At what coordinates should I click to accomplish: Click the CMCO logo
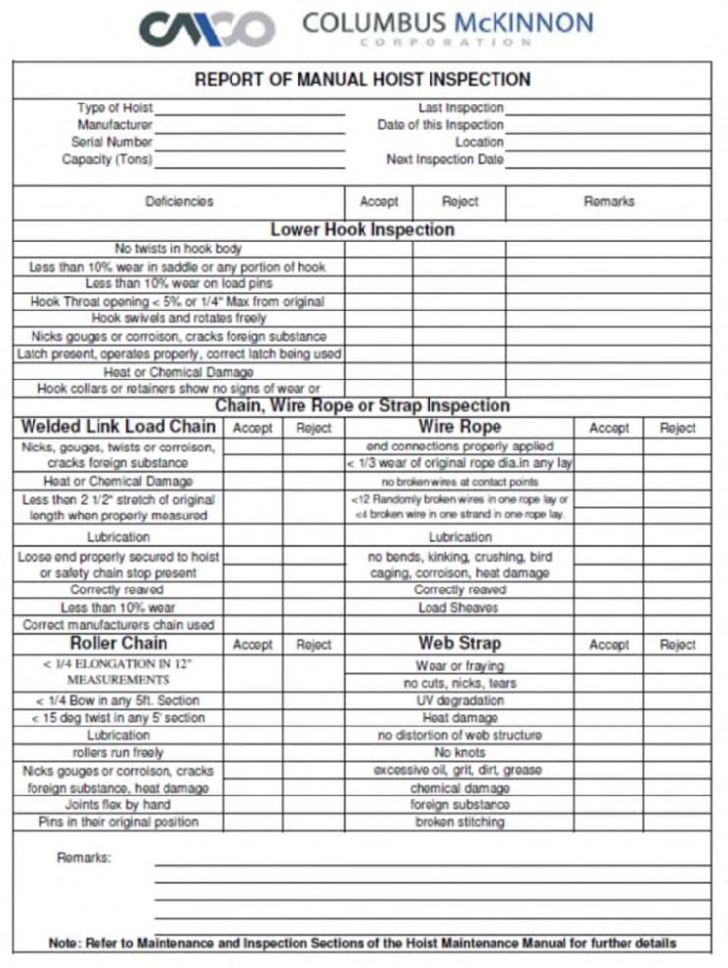tap(206, 28)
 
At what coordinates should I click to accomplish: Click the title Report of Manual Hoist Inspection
tap(363, 80)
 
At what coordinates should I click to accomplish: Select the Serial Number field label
tap(111, 142)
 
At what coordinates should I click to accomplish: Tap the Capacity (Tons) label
tap(106, 159)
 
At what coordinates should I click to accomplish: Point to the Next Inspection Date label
tap(444, 159)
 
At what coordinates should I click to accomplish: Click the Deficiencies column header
tap(178, 202)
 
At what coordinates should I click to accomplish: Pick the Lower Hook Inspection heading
tap(362, 230)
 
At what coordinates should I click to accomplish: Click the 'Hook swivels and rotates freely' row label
tap(178, 319)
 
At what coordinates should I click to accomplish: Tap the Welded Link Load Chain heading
tap(117, 427)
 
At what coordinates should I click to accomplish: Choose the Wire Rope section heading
tap(459, 427)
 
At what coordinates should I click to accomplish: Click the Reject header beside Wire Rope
tap(677, 428)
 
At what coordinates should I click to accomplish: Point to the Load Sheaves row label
tap(459, 607)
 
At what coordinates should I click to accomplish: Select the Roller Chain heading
tap(116, 644)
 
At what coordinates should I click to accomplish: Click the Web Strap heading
tap(459, 644)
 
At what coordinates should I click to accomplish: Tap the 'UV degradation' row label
tap(459, 700)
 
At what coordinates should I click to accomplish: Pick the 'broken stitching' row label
tap(459, 822)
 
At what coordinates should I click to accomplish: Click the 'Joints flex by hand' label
tap(118, 805)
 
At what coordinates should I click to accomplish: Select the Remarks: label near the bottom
tap(84, 858)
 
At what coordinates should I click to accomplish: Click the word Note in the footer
tap(65, 943)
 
